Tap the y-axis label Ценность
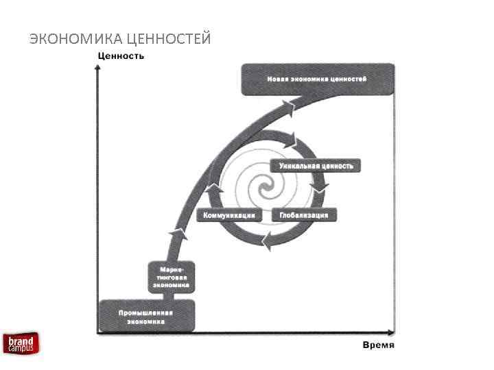(121, 56)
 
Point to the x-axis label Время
(379, 343)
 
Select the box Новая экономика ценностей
(318, 79)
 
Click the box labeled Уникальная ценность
(316, 166)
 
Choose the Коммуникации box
(229, 215)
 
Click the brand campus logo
(21, 343)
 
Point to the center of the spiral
(263, 186)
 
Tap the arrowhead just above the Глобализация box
(318, 186)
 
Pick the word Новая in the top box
(277, 79)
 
